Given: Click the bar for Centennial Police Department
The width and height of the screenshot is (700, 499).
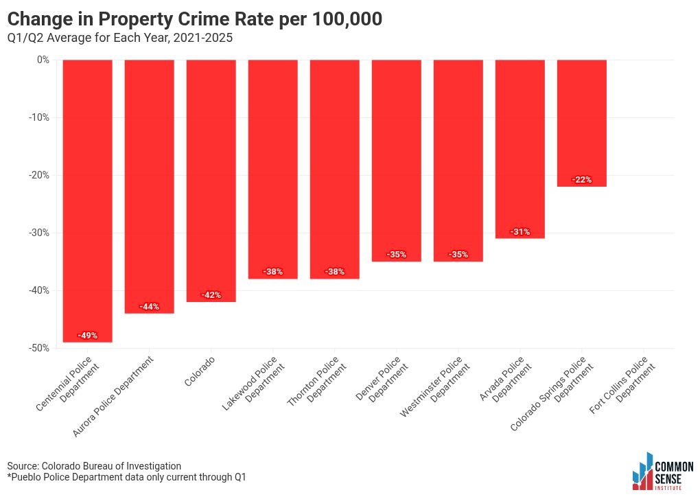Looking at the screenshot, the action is click(x=88, y=201).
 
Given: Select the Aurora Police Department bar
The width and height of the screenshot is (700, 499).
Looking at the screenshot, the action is click(x=149, y=187).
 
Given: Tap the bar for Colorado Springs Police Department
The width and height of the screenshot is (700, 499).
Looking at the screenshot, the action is click(x=582, y=123).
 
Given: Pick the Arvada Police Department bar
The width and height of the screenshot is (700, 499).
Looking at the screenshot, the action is click(x=520, y=149).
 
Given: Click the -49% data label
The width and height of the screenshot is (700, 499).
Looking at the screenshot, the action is click(x=88, y=335).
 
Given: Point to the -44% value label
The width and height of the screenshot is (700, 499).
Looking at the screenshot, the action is click(x=149, y=307).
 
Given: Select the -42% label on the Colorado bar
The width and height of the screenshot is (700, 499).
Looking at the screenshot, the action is click(x=211, y=295).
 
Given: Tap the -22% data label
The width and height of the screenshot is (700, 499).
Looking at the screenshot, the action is click(x=582, y=180).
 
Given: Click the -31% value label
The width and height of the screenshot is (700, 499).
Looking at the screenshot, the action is click(x=520, y=231).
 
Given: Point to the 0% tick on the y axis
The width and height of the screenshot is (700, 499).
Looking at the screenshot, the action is click(x=43, y=60).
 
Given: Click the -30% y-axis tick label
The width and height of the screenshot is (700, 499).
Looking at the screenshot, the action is click(x=39, y=233).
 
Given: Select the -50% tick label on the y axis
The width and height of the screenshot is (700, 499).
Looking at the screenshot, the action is click(x=39, y=348).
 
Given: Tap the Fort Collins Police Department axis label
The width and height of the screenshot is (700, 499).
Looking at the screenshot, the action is click(x=622, y=384).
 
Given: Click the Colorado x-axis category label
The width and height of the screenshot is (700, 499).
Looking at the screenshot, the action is click(x=200, y=371).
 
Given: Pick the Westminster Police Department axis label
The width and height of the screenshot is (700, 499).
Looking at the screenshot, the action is click(x=435, y=386).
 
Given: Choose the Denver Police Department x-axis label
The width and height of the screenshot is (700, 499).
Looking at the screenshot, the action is click(x=382, y=379).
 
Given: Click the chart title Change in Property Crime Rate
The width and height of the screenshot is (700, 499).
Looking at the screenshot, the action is click(x=195, y=19).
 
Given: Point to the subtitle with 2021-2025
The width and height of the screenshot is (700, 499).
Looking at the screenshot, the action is click(x=119, y=38).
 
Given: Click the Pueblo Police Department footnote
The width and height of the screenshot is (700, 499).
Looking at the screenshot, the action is click(x=126, y=477).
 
